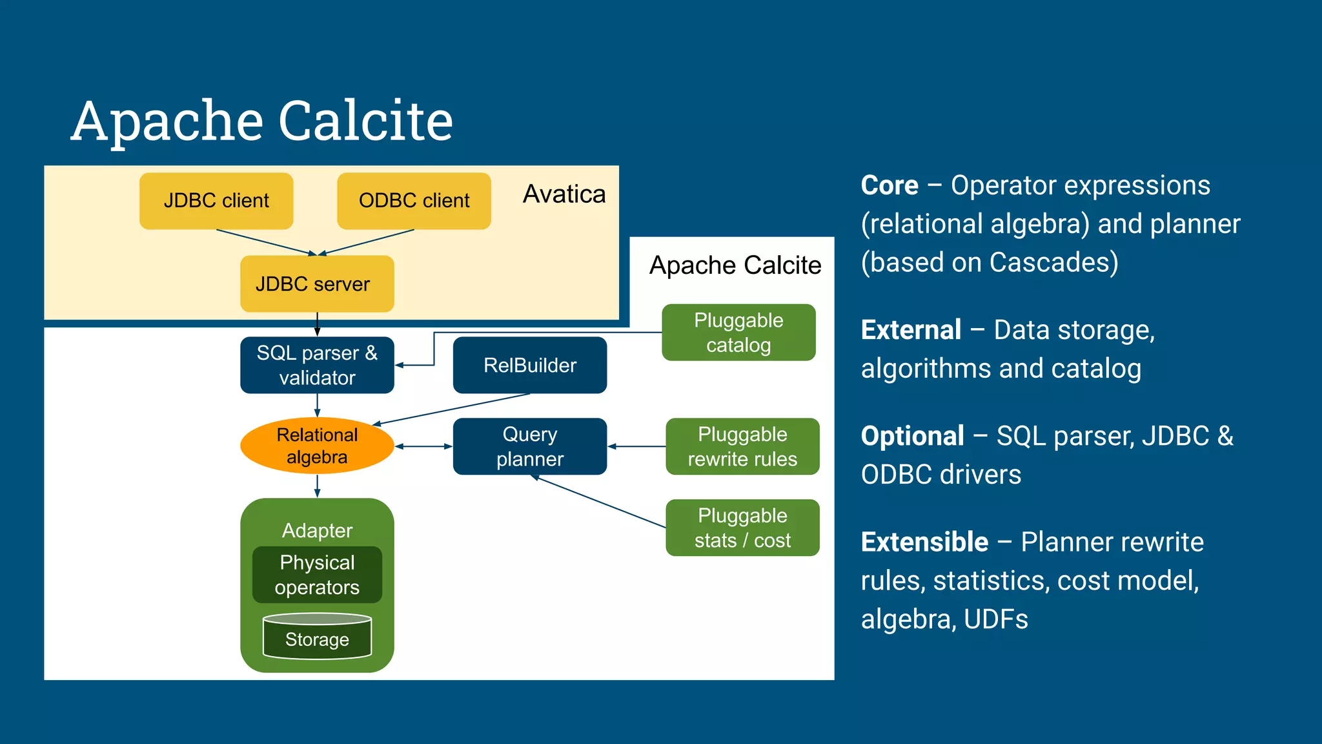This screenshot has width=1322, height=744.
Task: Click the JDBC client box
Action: pos(216,201)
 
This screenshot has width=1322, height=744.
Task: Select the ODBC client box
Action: pos(414,201)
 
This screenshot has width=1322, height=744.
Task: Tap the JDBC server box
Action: pos(317,284)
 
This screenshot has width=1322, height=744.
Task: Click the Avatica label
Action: pos(564,194)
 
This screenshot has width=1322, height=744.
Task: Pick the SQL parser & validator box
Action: pos(317,365)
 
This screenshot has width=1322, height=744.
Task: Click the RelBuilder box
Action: pos(529,365)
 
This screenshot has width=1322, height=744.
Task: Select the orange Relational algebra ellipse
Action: pos(317,446)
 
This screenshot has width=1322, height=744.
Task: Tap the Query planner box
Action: pos(529,446)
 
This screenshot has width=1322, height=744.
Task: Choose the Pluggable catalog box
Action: pos(738,333)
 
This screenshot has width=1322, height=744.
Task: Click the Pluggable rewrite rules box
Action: pos(742,446)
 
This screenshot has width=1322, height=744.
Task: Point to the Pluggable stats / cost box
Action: pos(742,528)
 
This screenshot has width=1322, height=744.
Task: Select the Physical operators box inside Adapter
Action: pos(317,575)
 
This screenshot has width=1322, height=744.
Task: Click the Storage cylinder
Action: pos(317,638)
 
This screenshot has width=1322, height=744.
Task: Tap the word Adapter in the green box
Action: pos(317,530)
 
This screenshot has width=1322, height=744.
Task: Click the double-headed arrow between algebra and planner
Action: pos(423,446)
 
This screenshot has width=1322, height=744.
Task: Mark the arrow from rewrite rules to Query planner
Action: pos(636,446)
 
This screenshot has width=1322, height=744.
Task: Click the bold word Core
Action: pos(889,185)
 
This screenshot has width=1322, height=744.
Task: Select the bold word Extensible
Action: pos(924,542)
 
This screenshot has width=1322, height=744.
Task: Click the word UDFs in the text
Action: pos(995,619)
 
